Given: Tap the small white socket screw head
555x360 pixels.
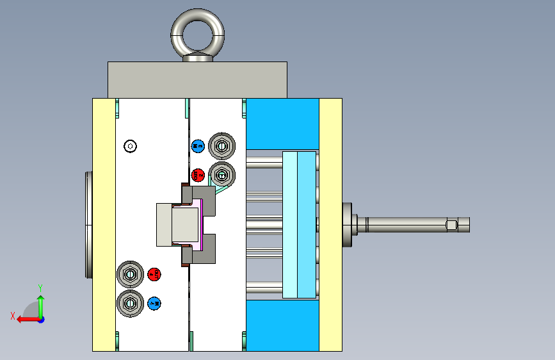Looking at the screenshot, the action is pos(131,146).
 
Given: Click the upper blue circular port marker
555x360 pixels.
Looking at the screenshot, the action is pos(198,146).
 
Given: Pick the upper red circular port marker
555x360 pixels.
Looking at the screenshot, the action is pos(198,174).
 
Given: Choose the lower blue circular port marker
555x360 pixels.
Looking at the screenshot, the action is pos(154,303).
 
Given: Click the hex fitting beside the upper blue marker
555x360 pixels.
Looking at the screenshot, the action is pos(222,146).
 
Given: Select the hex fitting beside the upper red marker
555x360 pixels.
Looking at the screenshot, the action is pos(222,174).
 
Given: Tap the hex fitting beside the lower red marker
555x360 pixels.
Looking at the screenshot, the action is pos(129,275).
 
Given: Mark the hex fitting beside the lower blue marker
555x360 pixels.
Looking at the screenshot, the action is pos(129,302).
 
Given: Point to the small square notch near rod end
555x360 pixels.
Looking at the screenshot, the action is pos(451,225).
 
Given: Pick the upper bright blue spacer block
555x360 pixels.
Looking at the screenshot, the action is pos(282,124).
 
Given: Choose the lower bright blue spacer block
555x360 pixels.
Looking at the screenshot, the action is pos(282,325).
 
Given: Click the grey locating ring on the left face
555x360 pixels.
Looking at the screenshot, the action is pos(88,224).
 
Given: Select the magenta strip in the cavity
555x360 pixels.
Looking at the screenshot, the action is pos(202,224).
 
